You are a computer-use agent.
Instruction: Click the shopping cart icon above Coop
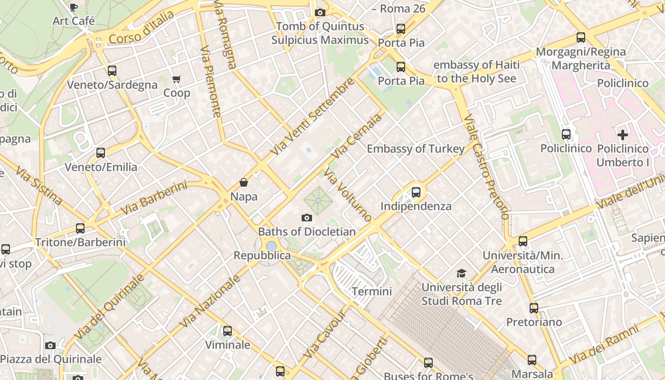177,79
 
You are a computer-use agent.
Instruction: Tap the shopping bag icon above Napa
244,182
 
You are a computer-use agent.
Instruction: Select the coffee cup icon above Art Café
73,7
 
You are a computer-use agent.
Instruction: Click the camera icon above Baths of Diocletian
307,218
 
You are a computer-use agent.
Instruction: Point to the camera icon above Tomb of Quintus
320,12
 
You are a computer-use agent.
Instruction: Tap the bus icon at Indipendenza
416,192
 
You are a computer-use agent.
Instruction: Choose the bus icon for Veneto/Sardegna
112,71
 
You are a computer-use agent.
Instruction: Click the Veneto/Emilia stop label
101,167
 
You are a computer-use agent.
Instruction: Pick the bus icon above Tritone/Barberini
80,228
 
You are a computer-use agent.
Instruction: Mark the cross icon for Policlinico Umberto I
623,135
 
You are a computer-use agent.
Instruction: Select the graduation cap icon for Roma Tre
461,273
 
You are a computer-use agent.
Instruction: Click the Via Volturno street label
348,195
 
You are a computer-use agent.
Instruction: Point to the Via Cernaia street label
357,136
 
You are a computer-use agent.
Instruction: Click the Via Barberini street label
153,198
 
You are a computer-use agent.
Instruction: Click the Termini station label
371,291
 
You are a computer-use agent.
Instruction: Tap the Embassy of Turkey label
416,149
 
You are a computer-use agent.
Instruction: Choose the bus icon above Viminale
228,331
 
